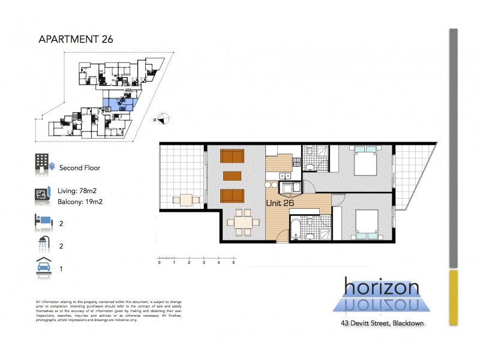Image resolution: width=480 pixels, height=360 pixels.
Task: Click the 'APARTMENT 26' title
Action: (75, 40)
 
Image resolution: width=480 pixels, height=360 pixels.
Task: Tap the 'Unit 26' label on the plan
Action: (281, 203)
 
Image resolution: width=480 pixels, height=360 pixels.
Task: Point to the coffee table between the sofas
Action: (233, 176)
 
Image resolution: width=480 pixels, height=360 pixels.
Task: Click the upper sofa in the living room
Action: (233, 156)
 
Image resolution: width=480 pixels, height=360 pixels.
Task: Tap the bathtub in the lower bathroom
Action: (296, 229)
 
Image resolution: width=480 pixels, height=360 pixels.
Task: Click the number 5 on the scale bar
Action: (233, 263)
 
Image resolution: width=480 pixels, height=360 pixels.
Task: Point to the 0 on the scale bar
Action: (159, 263)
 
